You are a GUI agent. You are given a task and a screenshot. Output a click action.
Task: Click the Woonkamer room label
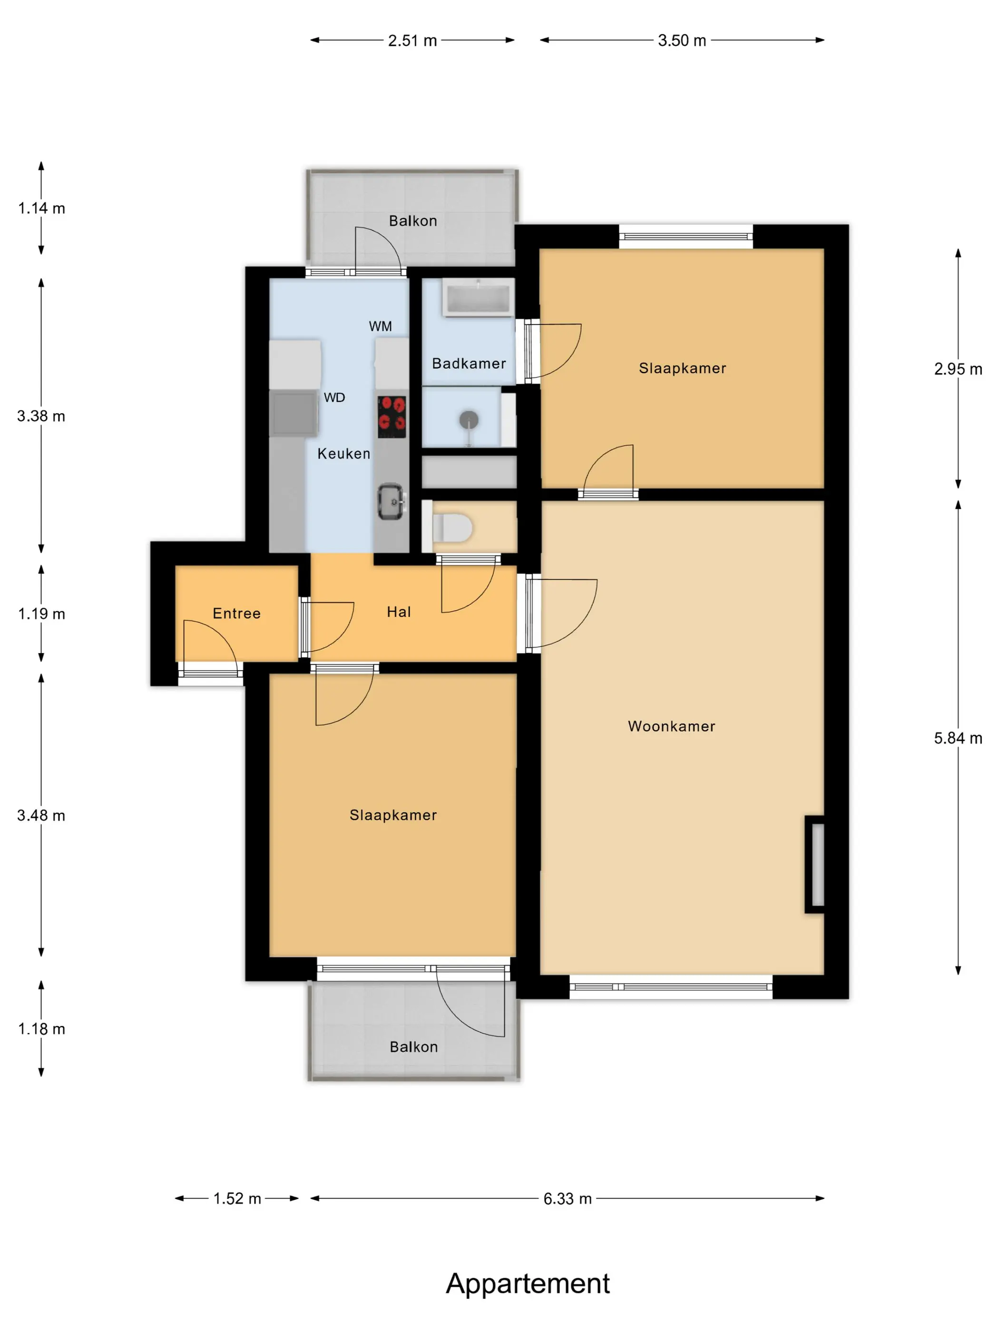671,726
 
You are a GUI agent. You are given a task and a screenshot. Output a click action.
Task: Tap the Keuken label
344,454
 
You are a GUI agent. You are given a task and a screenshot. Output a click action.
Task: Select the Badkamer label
469,363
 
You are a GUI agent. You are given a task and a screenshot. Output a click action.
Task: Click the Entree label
236,614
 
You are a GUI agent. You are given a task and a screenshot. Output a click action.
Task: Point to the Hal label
399,612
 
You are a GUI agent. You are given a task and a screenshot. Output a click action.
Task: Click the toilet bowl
453,528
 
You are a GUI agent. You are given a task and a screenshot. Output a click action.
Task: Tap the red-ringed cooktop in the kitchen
392,417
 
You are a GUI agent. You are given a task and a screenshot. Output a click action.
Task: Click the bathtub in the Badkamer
478,297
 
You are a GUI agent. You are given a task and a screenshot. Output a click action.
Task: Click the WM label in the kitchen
380,327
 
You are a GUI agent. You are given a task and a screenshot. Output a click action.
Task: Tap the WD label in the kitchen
334,398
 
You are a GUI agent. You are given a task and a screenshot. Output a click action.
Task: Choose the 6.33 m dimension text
567,1199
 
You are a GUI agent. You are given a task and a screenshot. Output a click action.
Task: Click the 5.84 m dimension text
958,738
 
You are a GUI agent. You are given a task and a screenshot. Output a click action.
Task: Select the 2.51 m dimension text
412,40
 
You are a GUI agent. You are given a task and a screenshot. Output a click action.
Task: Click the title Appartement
528,1283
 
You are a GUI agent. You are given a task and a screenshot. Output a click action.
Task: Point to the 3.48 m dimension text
41,816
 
